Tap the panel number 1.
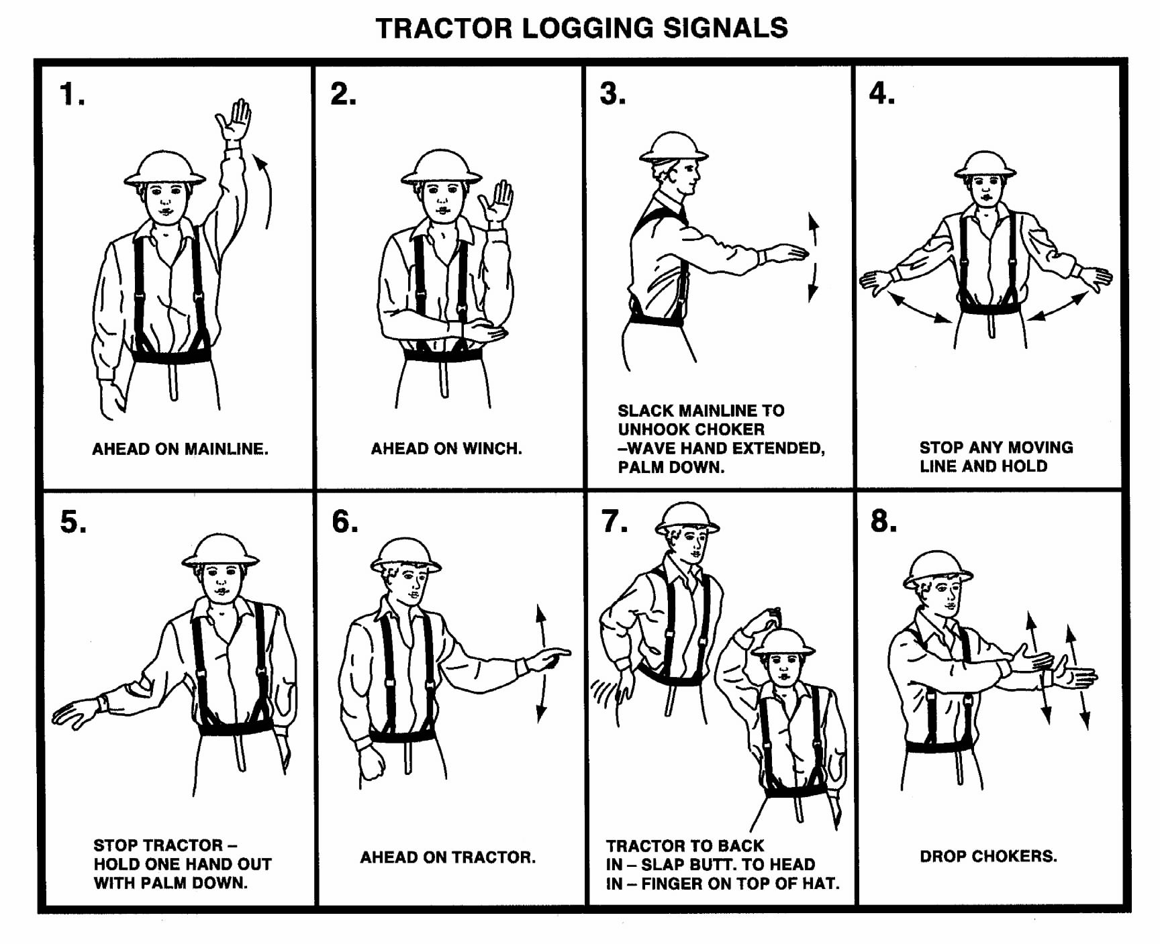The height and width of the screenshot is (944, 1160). (72, 94)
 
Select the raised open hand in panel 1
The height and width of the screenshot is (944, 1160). (234, 121)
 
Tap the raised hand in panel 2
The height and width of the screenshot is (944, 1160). (497, 201)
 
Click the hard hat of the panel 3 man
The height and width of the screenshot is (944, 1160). (673, 147)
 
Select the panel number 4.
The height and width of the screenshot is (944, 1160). (881, 93)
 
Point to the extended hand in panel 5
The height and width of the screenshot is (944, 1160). (76, 713)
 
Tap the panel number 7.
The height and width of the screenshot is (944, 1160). (614, 521)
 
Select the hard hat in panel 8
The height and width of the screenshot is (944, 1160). (937, 568)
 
